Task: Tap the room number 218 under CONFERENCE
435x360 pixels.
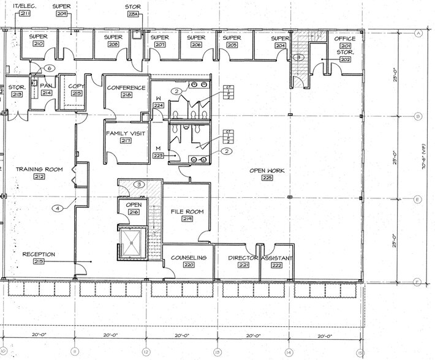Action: pos(127,95)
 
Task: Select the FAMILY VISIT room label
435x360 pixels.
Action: pos(126,133)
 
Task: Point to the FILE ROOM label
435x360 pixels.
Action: pos(186,212)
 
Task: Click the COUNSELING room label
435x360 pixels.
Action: pos(187,258)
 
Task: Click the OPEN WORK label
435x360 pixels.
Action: pos(267,170)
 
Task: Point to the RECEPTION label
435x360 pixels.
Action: pos(39,254)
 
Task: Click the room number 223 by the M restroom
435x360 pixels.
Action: pos(157,156)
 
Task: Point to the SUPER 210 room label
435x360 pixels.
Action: pos(39,37)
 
